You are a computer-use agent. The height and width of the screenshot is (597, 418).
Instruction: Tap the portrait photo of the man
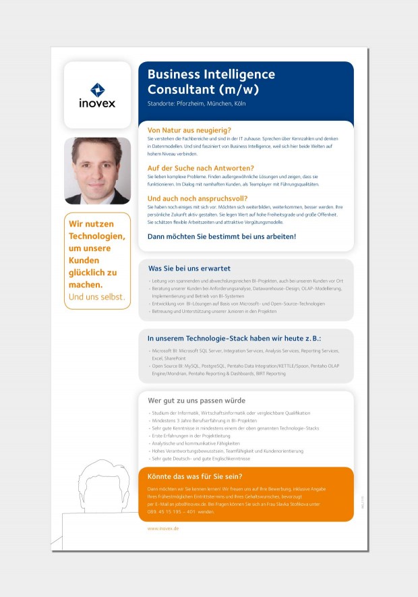point(97,171)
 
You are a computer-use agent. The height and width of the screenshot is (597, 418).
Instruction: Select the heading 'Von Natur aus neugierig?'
point(189,130)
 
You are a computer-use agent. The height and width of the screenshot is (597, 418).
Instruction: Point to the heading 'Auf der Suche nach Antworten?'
point(201,167)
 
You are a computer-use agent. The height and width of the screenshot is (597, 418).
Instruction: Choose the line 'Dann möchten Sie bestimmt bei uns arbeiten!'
point(222,237)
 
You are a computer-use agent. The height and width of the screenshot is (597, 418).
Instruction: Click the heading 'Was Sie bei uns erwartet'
point(189,268)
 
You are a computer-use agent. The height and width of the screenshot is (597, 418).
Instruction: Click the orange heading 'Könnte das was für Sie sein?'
point(195,476)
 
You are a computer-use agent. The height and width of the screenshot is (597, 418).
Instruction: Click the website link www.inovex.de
point(163,529)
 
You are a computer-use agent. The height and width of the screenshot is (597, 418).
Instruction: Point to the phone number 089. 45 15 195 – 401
point(172,511)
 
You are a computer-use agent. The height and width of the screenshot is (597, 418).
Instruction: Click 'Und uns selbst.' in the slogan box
point(97,297)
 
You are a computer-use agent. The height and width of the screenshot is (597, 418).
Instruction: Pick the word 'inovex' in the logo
point(97,103)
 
